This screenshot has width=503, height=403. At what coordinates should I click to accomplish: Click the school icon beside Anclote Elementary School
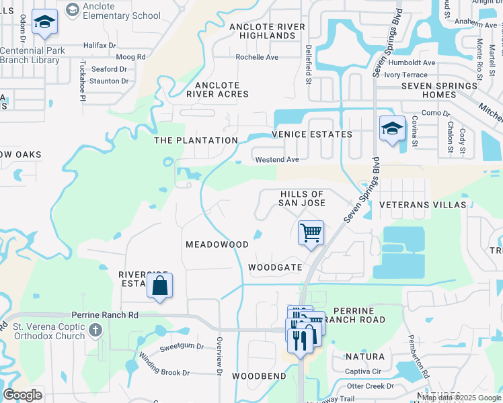[73, 9]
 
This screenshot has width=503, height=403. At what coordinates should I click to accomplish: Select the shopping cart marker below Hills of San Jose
[311, 234]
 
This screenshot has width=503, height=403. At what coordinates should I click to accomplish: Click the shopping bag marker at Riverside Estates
[159, 286]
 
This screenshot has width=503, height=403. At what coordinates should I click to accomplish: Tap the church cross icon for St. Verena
[95, 330]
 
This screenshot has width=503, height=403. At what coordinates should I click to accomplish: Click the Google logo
[22, 395]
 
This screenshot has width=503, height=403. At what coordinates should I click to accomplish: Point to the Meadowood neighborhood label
[217, 245]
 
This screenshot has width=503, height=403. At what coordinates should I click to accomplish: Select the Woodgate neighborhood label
[275, 267]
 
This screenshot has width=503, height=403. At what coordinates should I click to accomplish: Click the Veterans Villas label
[422, 204]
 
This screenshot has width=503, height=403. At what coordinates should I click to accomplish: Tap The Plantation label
[196, 140]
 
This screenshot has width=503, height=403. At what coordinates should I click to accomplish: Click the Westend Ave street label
[277, 160]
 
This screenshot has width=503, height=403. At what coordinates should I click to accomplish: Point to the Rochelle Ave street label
[256, 57]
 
